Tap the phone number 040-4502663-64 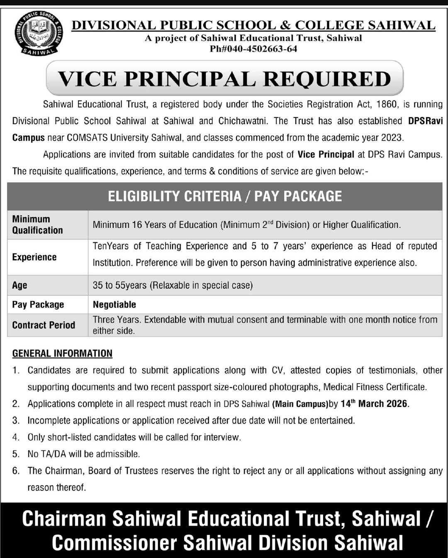259,49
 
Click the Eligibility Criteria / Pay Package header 225,196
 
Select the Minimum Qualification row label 37,225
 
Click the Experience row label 34,257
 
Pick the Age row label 19,285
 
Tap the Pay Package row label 38,305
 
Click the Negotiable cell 114,305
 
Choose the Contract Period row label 44,325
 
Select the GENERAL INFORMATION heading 62,353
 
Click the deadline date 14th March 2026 374,404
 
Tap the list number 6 16,471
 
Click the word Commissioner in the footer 115,543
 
